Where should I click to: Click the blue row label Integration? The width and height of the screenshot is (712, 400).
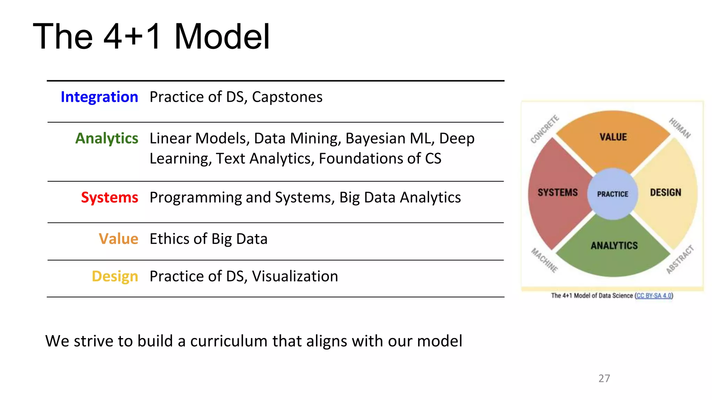(99, 97)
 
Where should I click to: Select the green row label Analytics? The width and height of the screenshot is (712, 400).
(107, 138)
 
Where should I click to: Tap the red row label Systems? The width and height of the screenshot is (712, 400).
(110, 197)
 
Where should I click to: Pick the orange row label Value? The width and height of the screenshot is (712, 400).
(119, 239)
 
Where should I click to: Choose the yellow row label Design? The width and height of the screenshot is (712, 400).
(115, 276)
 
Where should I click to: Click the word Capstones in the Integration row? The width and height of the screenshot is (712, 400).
(287, 97)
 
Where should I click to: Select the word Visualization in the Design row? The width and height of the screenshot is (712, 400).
(295, 276)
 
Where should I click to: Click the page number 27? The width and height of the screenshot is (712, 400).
(604, 378)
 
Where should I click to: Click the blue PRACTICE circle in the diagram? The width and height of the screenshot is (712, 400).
(613, 194)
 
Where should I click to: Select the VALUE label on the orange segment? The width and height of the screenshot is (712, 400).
(613, 137)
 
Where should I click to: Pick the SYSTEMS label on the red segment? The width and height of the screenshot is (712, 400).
(558, 192)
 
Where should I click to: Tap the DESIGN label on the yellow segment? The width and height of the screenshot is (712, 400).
(665, 192)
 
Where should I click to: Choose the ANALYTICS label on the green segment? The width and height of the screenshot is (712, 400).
(614, 245)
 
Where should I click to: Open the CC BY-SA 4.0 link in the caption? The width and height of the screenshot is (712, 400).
(654, 295)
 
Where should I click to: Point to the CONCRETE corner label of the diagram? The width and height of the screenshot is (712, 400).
(545, 129)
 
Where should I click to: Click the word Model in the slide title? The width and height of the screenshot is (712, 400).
(222, 36)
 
